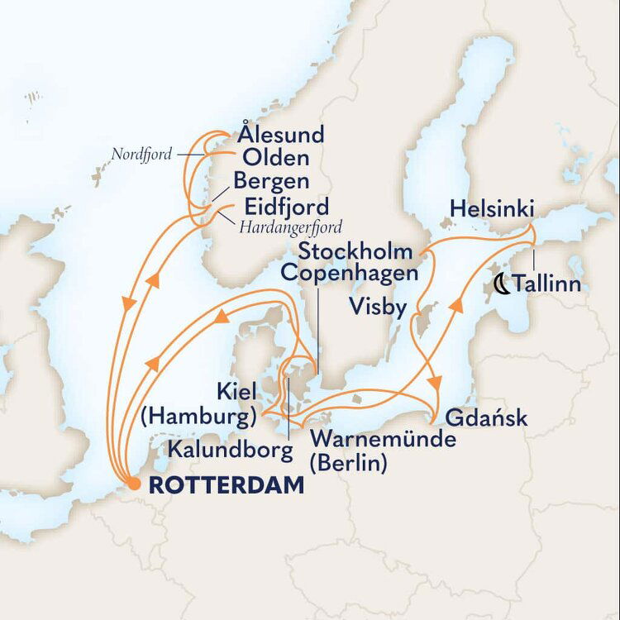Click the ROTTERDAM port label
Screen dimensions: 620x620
point(226,488)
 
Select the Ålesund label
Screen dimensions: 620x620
point(280,135)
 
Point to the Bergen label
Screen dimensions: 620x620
point(271,182)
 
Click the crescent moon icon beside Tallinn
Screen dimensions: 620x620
point(501,285)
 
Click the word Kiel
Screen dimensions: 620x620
point(235,392)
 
